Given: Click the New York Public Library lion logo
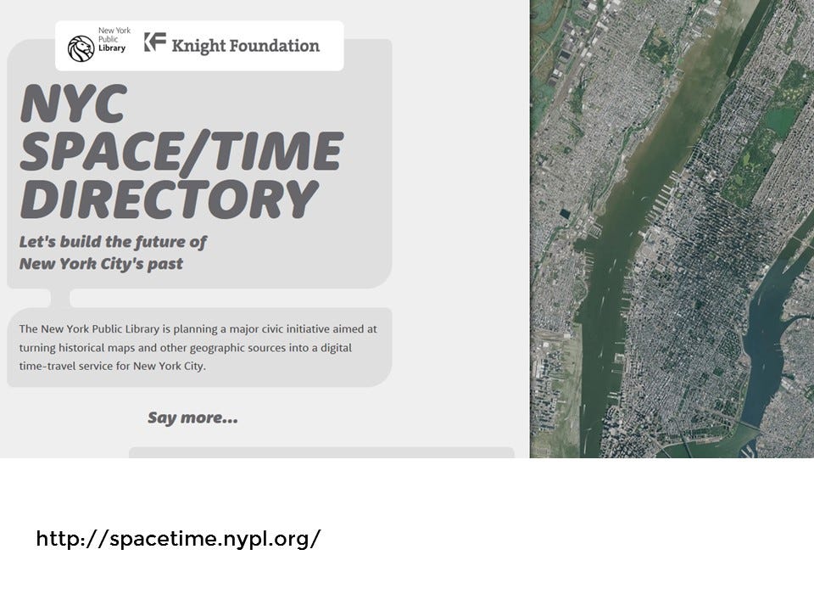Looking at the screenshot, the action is (x=81, y=48).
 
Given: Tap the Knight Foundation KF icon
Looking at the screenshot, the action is (x=155, y=42).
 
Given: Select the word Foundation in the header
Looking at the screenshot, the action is (x=275, y=46).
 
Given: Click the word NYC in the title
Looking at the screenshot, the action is (x=74, y=103).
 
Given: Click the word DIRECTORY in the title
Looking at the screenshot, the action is (x=170, y=199).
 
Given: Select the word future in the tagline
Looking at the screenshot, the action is (x=153, y=242).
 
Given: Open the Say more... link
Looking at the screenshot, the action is (x=193, y=418).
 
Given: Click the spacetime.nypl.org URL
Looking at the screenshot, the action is (x=178, y=538).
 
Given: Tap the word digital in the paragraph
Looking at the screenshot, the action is (x=336, y=348).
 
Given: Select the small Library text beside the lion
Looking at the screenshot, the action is (x=112, y=48).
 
